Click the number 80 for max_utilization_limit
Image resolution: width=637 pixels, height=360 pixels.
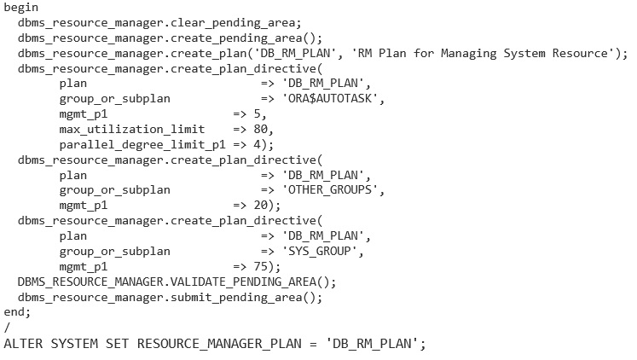[263, 129]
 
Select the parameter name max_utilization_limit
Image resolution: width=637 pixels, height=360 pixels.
[132, 129]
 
